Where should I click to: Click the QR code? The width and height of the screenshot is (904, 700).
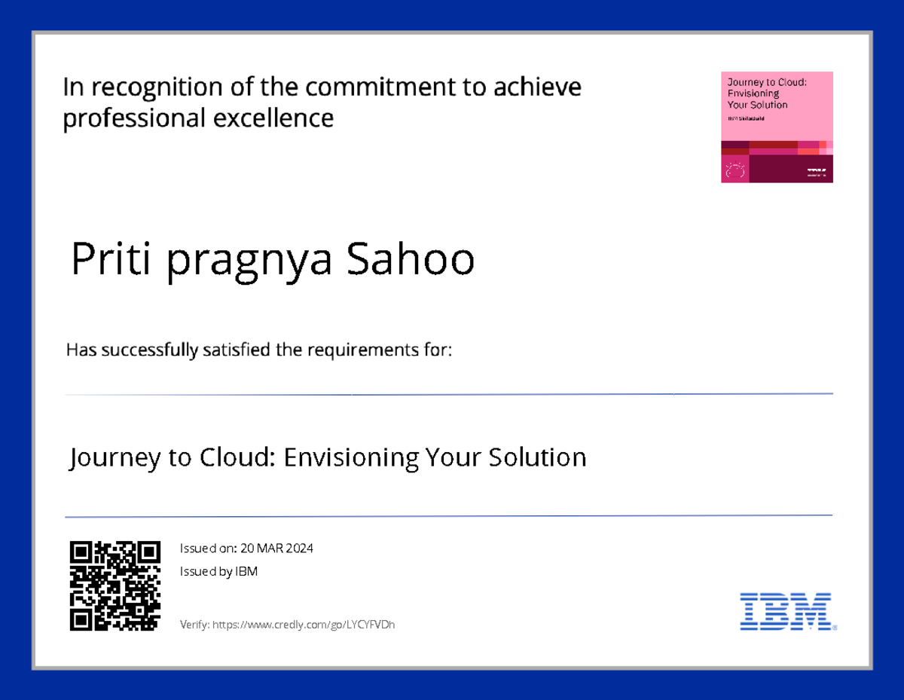[x=115, y=585]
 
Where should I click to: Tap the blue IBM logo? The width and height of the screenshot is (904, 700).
[x=787, y=611]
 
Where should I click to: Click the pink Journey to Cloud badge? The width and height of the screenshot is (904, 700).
[x=777, y=127]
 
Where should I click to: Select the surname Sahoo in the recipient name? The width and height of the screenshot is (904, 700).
[x=410, y=259]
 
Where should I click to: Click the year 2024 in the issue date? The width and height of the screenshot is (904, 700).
[x=298, y=549]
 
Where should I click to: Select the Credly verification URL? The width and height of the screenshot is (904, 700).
[x=304, y=625]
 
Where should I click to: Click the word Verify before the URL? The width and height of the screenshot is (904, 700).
[x=194, y=625]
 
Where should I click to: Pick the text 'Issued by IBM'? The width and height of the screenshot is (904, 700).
[x=218, y=572]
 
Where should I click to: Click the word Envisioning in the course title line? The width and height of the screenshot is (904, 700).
[x=351, y=457]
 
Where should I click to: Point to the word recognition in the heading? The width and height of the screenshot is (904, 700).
[x=154, y=88]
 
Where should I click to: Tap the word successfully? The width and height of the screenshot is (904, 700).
[x=150, y=350]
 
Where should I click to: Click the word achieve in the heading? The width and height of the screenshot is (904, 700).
[x=537, y=88]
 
